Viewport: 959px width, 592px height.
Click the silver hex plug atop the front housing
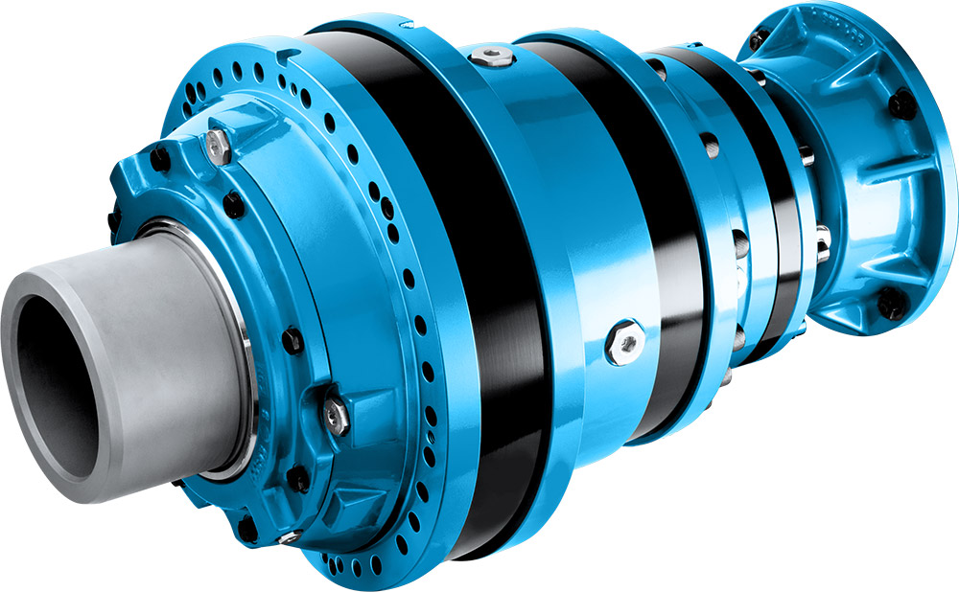click(x=217, y=146)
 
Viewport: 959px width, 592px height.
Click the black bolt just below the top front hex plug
click(x=232, y=203)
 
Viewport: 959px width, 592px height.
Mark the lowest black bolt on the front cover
click(x=248, y=527)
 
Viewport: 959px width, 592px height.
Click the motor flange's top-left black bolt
click(x=758, y=38)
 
